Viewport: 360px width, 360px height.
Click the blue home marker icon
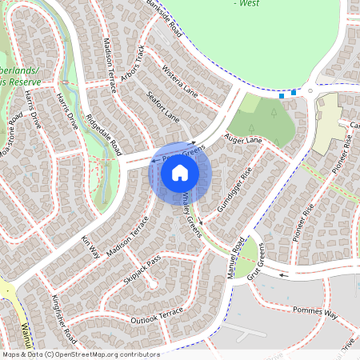(180, 173)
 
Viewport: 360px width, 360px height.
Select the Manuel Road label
(237, 258)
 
